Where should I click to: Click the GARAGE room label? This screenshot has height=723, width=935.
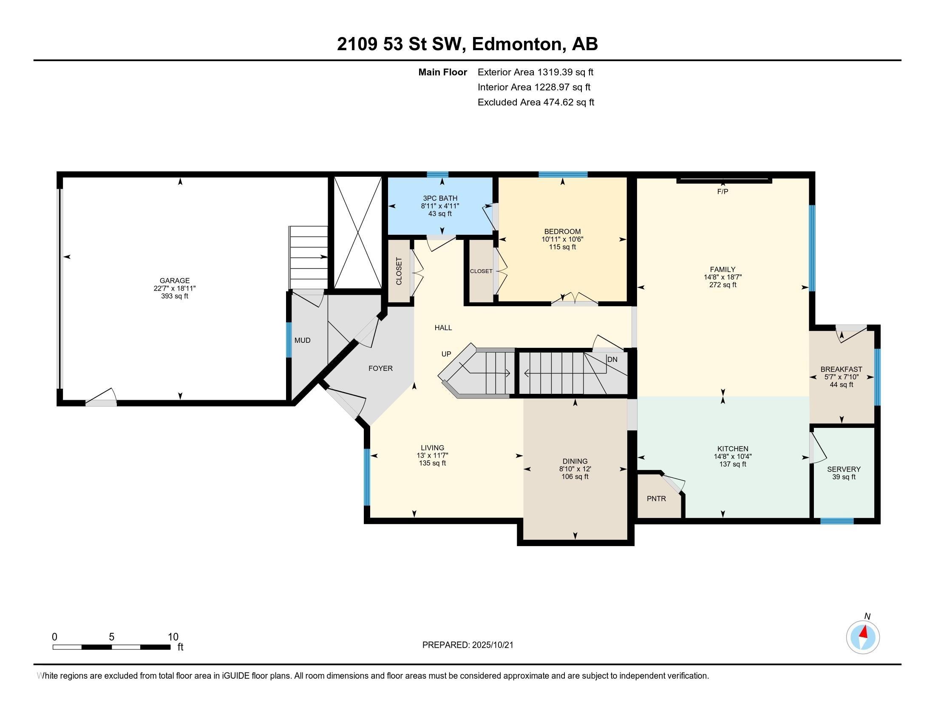(x=174, y=281)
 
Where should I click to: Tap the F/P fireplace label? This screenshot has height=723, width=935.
(x=722, y=191)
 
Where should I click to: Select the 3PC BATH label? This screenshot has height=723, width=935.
(x=440, y=198)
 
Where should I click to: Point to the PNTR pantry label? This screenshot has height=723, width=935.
(x=656, y=498)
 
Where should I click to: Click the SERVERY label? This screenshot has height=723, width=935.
(x=843, y=469)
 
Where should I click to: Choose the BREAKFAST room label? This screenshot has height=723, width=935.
(x=841, y=369)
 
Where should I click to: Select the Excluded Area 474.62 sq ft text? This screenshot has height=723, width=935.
(x=535, y=102)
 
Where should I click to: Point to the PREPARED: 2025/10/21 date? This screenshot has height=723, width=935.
(x=467, y=645)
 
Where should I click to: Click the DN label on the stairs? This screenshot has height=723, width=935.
(x=612, y=359)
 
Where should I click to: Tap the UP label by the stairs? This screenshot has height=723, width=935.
(x=446, y=354)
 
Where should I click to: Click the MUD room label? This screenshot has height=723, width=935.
(x=302, y=341)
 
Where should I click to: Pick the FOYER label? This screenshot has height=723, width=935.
(x=380, y=368)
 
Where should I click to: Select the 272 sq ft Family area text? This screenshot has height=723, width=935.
(x=722, y=285)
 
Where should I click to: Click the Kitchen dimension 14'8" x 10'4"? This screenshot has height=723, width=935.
(x=733, y=457)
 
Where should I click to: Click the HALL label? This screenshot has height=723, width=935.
(x=443, y=327)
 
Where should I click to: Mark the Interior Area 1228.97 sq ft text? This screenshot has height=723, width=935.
(x=533, y=87)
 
